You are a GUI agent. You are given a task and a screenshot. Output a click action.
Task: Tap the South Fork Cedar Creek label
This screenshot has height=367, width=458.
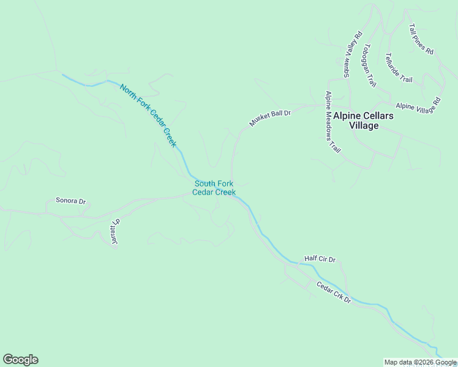pyautogui.click(x=214, y=188)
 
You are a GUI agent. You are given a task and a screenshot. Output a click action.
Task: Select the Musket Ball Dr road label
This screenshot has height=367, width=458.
pyautogui.click(x=269, y=116)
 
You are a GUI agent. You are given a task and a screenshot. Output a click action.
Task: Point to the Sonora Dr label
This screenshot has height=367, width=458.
pyautogui.click(x=70, y=201)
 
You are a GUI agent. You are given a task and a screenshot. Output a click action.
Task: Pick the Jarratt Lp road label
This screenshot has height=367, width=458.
pyautogui.click(x=114, y=233)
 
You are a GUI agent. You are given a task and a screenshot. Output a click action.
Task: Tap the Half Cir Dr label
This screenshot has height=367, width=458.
pyautogui.click(x=320, y=259)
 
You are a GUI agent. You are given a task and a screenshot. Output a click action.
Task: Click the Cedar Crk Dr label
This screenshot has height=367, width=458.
pyautogui.click(x=334, y=292)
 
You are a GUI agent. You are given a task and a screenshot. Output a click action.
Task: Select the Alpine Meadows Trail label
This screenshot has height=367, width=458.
pyautogui.click(x=332, y=122)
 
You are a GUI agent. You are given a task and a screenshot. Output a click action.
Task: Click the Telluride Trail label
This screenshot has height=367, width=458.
pyautogui.click(x=399, y=68)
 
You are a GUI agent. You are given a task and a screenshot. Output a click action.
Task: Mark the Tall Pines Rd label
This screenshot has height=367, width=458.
pyautogui.click(x=421, y=40)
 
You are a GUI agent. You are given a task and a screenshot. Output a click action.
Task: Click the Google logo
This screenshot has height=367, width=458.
pyautogui.click(x=20, y=360)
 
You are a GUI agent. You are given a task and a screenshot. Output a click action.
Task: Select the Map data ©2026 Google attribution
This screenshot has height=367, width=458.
pyautogui.click(x=420, y=362)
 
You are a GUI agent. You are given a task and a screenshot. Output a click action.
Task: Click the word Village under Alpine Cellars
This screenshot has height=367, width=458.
pyautogui.click(x=364, y=126)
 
